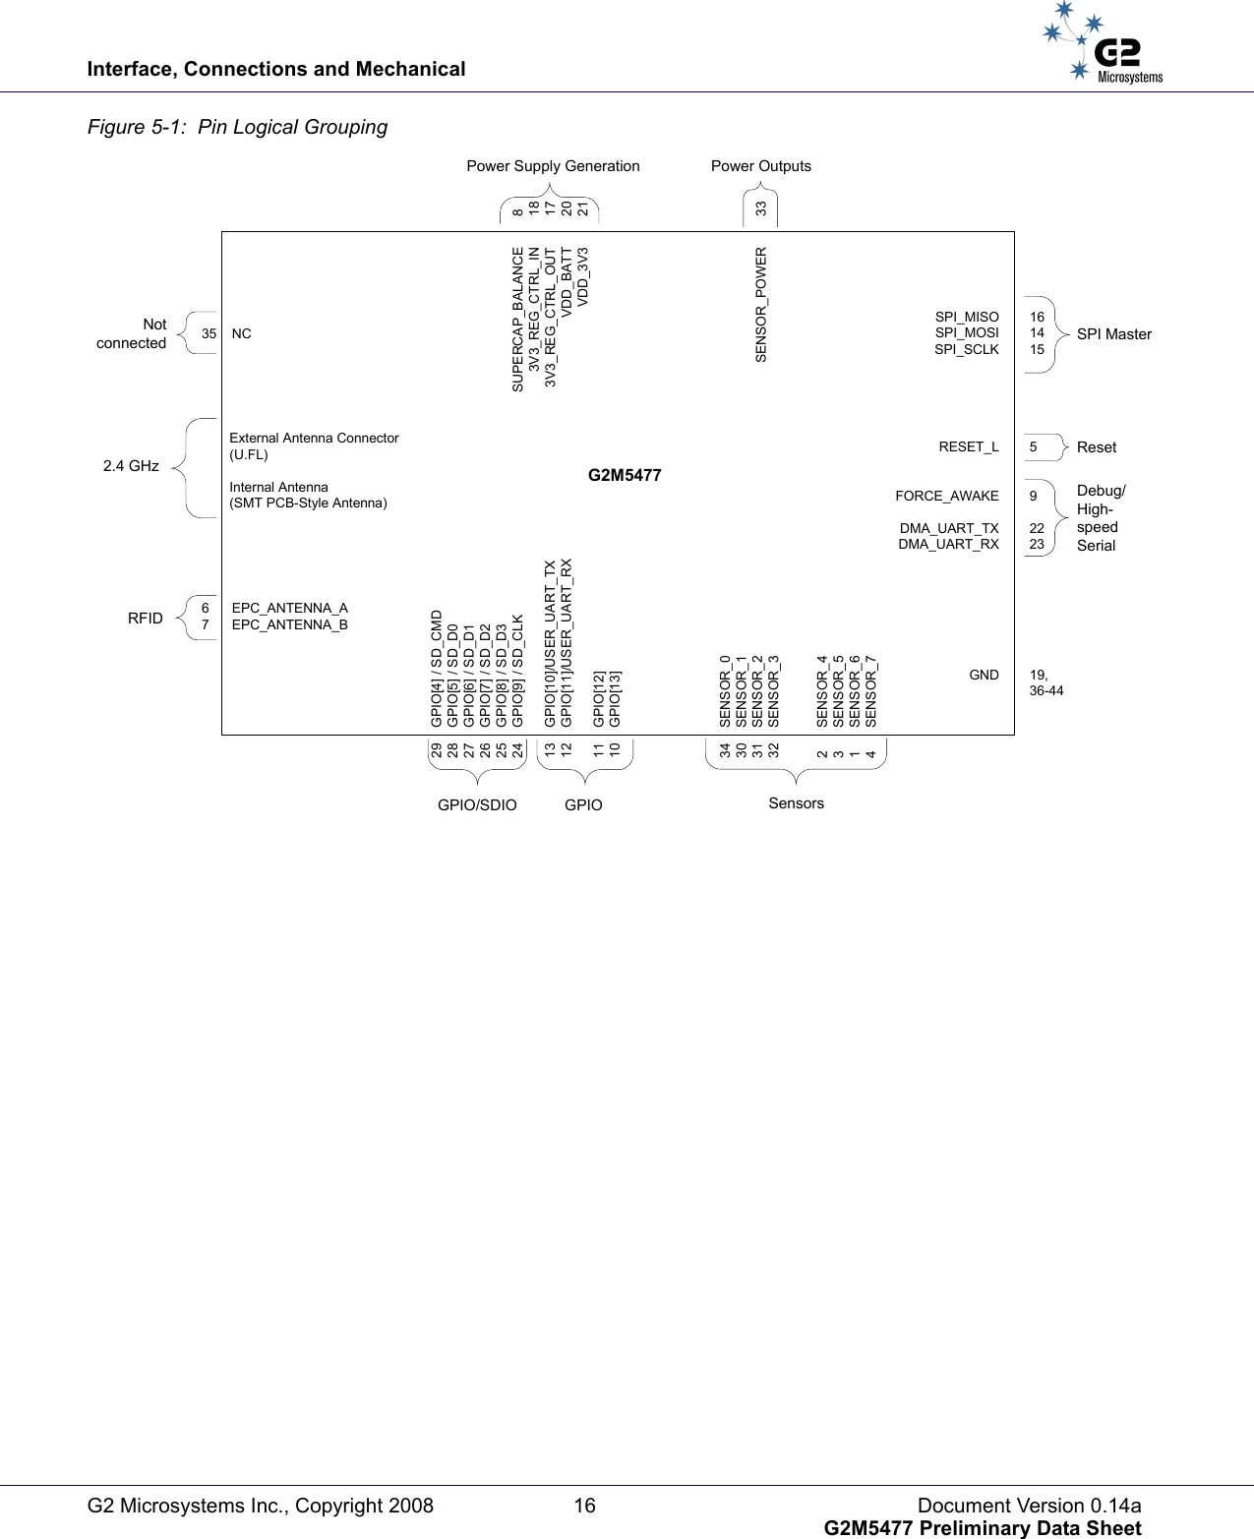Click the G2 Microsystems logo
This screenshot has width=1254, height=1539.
[1103, 44]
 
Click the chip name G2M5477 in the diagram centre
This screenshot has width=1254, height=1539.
[625, 475]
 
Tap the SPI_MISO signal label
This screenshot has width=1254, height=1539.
[966, 317]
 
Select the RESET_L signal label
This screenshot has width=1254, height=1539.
[968, 446]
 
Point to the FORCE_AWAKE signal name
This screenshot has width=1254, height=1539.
[946, 496]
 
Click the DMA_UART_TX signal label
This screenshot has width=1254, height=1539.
[948, 528]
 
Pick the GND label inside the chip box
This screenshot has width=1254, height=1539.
[984, 675]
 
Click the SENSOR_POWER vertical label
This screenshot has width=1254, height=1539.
[761, 305]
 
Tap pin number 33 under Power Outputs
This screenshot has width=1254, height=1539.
[761, 208]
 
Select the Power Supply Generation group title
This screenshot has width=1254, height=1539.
[553, 166]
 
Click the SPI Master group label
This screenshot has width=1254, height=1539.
[1113, 334]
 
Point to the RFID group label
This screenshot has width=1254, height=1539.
[146, 618]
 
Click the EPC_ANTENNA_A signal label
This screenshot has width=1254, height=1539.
[289, 608]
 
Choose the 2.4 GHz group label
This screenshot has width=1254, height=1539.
[131, 466]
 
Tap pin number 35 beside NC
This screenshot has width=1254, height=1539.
[209, 333]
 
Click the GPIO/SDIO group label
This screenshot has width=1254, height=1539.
[477, 804]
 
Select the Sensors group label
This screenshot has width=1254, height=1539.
[796, 803]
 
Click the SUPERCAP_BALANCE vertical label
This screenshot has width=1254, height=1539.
[518, 320]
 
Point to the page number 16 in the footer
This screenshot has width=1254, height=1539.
[584, 1506]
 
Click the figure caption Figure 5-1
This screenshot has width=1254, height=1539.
[237, 127]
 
